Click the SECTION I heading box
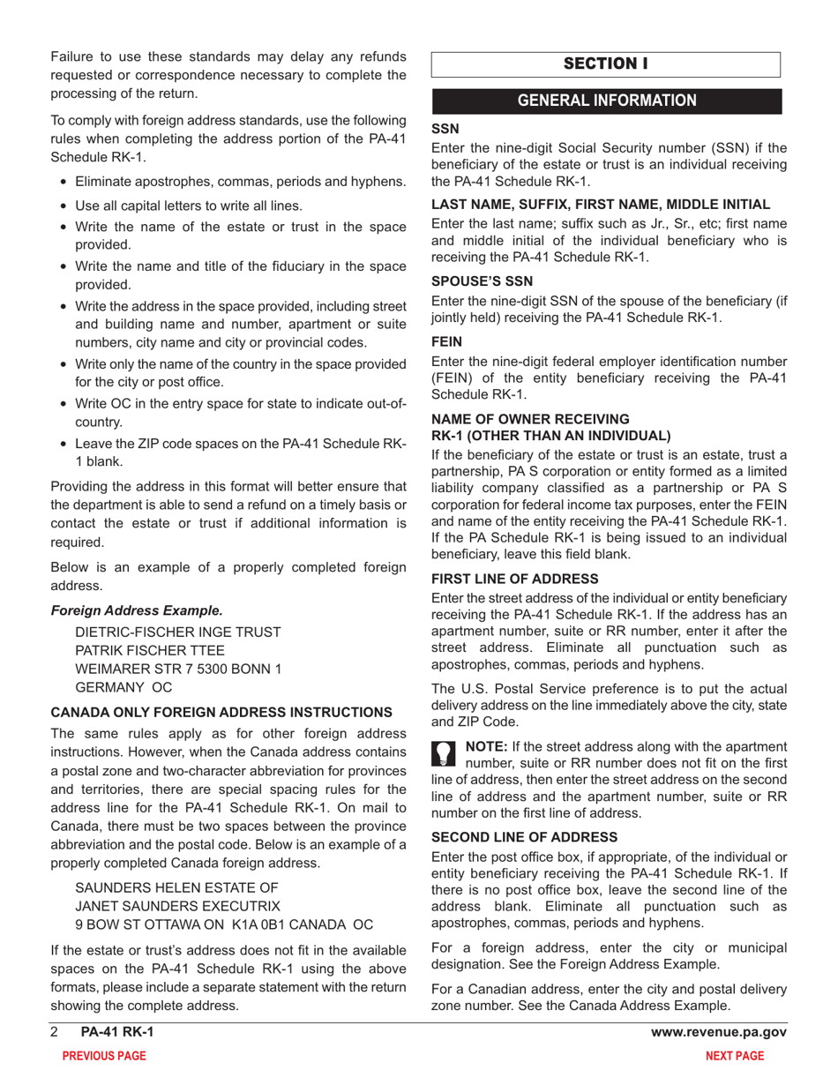[x=606, y=64]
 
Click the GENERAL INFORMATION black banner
[x=606, y=101]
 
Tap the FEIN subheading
[x=446, y=338]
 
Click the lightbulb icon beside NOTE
[x=444, y=752]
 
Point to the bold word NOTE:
[x=486, y=746]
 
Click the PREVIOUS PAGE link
[x=99, y=1056]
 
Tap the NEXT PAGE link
[x=735, y=1056]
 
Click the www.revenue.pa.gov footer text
[x=718, y=1033]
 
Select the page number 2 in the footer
[x=55, y=1033]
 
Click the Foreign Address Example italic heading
[x=137, y=610]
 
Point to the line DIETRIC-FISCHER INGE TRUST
[x=179, y=632]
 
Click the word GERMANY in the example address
[x=110, y=686]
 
